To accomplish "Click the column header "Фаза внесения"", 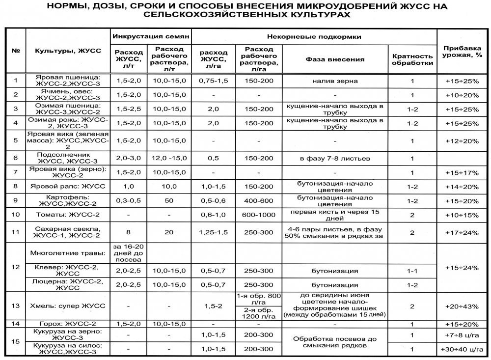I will (x=335, y=59).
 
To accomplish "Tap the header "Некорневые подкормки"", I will (x=314, y=37).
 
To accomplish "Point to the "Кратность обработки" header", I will (x=412, y=59).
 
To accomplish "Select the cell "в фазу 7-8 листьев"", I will (x=335, y=158).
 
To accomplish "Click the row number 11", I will (x=16, y=232).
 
